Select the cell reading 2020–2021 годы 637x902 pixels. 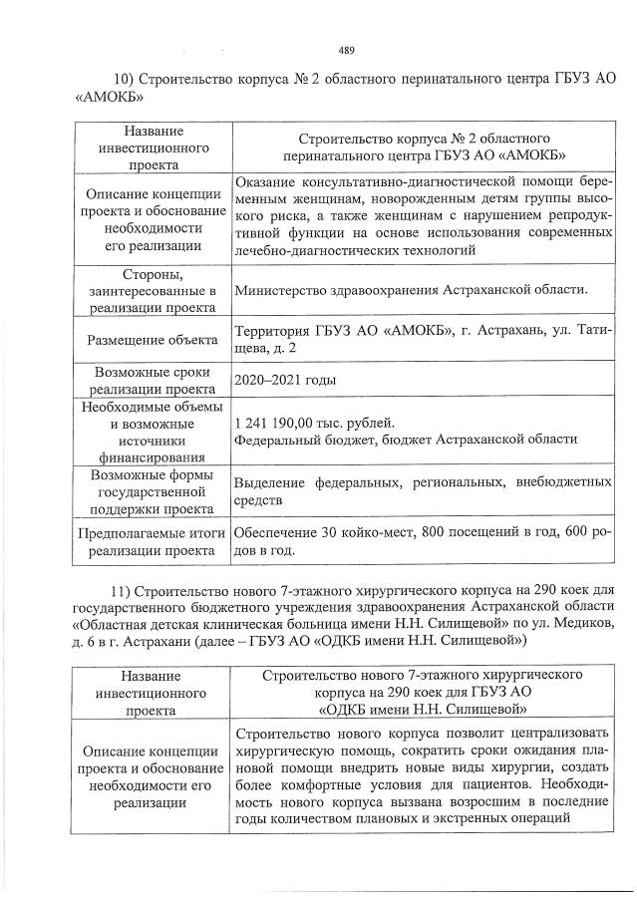click(284, 380)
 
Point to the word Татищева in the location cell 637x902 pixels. click(588, 331)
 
